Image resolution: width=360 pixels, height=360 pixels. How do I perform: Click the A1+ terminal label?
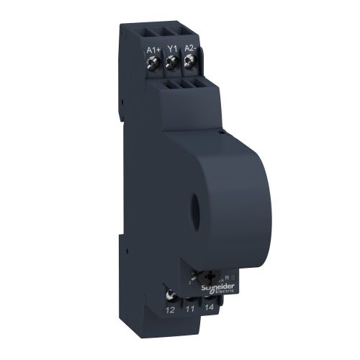coord(152,50)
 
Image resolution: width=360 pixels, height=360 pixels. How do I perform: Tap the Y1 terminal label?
coord(171,50)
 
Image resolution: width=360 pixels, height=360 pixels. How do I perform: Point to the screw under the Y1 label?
coord(171,66)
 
